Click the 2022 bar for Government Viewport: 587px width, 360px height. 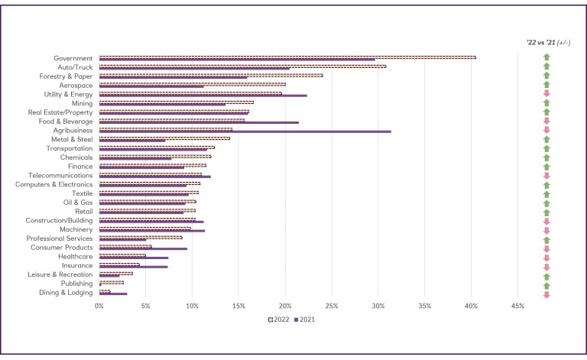[287, 57]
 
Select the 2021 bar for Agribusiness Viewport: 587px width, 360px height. [245, 131]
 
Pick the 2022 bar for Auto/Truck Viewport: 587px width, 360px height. [243, 66]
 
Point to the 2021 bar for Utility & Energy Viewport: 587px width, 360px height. [203, 96]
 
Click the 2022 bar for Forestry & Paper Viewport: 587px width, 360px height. [211, 75]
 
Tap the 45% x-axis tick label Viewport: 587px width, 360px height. [517, 306]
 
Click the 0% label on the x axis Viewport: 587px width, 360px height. [99, 306]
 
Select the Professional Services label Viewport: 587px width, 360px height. [61, 238]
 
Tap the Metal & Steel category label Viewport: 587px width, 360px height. [72, 139]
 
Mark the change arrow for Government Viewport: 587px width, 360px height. [546, 57]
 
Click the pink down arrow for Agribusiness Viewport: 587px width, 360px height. [546, 130]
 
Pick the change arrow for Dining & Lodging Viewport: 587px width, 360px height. [546, 293]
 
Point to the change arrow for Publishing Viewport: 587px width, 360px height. [546, 284]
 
